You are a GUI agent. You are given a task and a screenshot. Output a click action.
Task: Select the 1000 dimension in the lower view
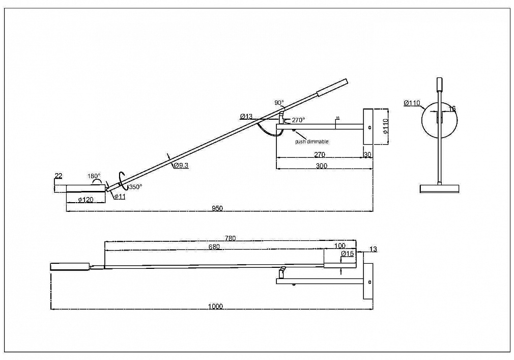tap(215, 306)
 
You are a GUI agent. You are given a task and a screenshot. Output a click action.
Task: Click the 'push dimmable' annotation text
tap(311, 142)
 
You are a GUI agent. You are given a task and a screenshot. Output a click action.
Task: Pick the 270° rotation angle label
tap(298, 120)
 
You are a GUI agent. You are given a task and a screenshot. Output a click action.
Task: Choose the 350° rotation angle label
tap(135, 186)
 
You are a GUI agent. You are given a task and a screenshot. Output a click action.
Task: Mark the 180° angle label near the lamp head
tap(94, 176)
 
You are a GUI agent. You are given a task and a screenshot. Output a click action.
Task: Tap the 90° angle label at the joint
tap(279, 103)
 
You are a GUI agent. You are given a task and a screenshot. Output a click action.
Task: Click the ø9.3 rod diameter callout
tap(181, 165)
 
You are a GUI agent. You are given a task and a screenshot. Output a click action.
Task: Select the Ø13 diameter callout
tap(246, 117)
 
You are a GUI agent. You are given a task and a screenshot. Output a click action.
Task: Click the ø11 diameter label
tap(120, 197)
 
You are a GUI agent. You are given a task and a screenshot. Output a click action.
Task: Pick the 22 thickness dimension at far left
tap(58, 176)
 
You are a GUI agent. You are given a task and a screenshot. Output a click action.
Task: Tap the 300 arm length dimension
tap(322, 166)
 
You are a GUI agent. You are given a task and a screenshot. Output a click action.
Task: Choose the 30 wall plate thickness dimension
tap(367, 154)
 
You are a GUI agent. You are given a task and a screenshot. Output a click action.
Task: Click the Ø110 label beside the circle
tap(412, 103)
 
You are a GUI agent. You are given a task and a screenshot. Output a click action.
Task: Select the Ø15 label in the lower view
tap(348, 254)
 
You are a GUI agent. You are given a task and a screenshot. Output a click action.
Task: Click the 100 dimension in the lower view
tap(340, 246)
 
